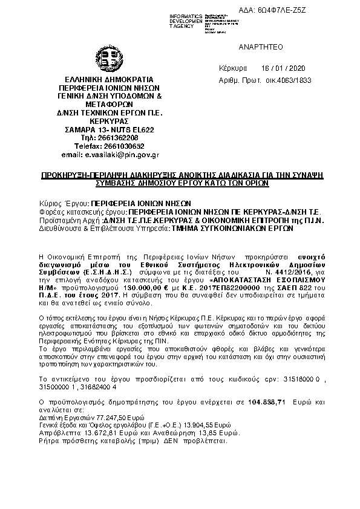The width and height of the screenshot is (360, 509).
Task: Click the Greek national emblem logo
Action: [113, 61]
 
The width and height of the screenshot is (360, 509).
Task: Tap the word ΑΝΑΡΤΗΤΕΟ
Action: [260, 47]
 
